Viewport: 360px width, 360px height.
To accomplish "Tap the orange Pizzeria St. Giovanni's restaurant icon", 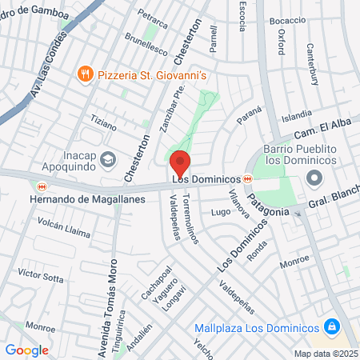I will click(86, 74).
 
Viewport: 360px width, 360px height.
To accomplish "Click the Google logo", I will click(27, 350).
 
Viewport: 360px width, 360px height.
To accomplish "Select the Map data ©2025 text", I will click(325, 353).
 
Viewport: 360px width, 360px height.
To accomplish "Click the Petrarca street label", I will click(150, 15).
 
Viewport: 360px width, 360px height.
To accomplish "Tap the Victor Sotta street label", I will click(40, 276).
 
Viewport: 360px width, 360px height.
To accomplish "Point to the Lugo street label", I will click(220, 213).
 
